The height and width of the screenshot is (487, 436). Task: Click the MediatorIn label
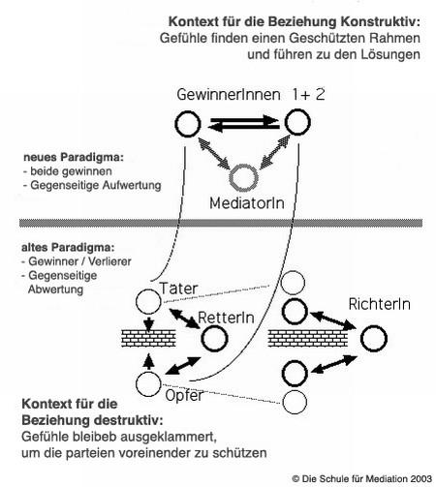point(247,203)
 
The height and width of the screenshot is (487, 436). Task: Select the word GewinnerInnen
point(229,95)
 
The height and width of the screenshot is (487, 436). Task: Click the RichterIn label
point(380,304)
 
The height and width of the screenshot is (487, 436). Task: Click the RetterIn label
point(226,318)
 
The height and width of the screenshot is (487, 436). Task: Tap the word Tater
point(178,289)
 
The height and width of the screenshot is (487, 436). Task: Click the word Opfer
point(184,395)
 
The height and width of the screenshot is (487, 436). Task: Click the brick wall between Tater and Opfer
point(148,338)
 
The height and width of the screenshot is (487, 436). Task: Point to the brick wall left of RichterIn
point(308,338)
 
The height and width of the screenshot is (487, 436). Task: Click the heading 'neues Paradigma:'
point(74,158)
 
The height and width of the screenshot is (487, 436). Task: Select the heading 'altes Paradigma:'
point(68,248)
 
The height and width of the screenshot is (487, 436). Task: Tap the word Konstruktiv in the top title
point(381,22)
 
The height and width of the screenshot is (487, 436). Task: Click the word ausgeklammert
point(169,437)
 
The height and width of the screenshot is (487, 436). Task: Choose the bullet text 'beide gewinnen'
point(71,171)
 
